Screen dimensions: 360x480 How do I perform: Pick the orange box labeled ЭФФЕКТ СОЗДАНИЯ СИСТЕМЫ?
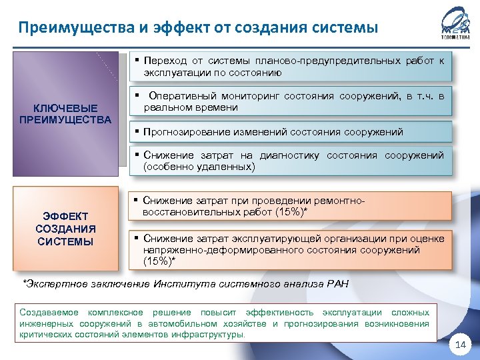click(x=65, y=229)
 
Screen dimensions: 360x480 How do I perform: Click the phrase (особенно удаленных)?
click(x=199, y=167)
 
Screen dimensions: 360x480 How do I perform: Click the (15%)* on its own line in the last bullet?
click(x=159, y=261)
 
